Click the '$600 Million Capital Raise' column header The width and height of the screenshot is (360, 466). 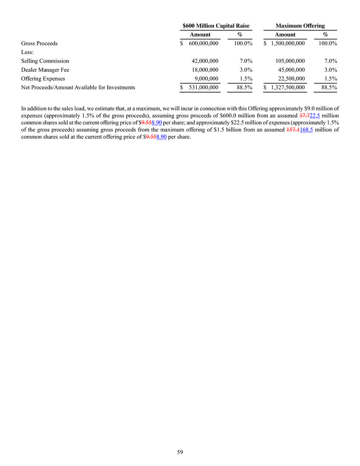click(x=216, y=26)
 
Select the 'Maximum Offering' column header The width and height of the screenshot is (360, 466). click(x=300, y=26)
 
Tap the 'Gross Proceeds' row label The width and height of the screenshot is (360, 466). click(x=39, y=44)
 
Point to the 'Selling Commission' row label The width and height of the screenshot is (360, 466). click(x=45, y=61)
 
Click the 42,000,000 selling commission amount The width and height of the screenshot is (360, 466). click(x=205, y=61)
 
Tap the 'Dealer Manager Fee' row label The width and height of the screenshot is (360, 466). click(x=46, y=70)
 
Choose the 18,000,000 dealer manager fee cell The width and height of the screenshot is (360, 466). click(x=205, y=70)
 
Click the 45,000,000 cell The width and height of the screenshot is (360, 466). click(x=291, y=70)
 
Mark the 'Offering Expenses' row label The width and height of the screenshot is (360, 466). click(x=43, y=78)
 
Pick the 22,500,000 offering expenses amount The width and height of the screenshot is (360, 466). click(x=291, y=78)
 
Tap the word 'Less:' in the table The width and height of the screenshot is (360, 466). click(x=27, y=52)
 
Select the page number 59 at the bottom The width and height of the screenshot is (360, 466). click(x=180, y=452)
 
